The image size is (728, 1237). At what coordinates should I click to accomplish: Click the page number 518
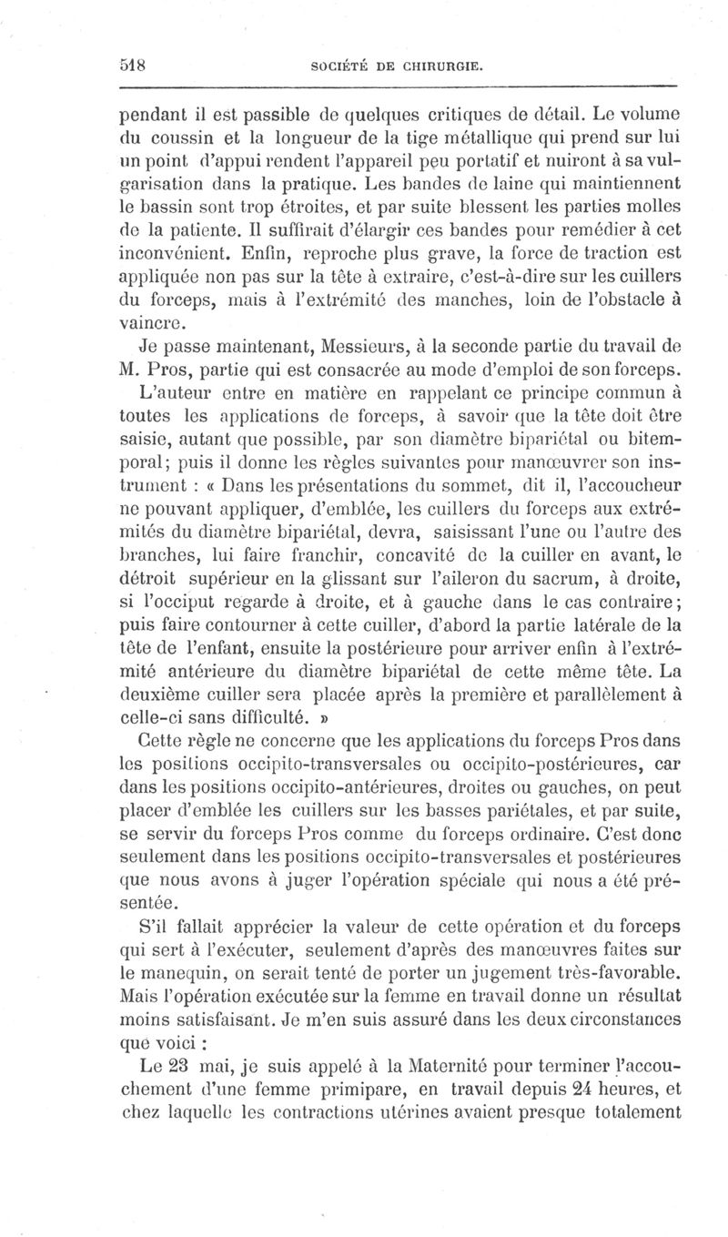point(135,66)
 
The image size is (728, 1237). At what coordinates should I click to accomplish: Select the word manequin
point(179,971)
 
